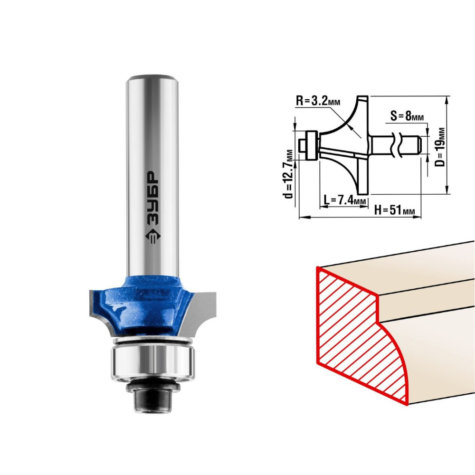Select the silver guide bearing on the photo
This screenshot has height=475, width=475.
tap(152, 362)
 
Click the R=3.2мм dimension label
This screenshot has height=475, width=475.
tap(318, 101)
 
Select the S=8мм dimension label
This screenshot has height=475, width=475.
tap(407, 115)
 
